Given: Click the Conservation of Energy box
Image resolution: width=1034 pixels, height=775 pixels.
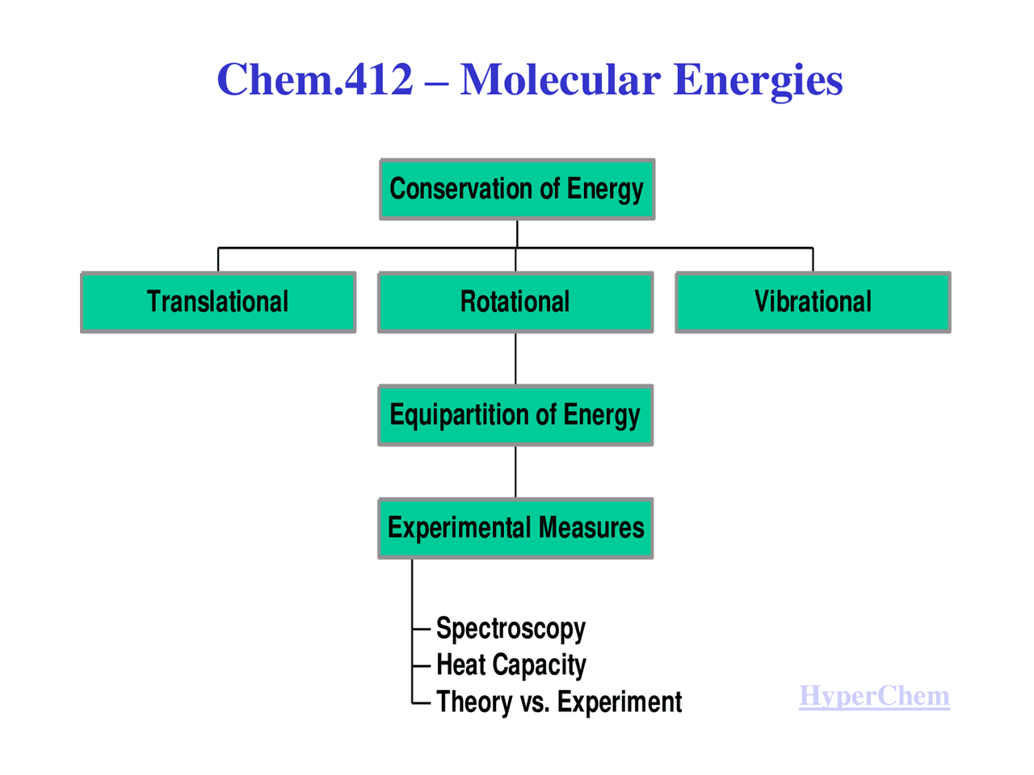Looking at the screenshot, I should click(x=517, y=189).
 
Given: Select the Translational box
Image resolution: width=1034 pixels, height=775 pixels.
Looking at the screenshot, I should click(x=218, y=302).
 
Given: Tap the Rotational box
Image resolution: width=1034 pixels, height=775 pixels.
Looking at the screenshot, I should click(x=515, y=302).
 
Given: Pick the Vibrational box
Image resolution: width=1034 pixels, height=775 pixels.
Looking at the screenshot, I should click(x=813, y=302).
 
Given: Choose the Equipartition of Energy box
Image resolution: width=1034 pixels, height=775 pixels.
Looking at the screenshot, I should click(x=515, y=415).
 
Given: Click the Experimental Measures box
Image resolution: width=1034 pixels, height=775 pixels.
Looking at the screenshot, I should click(x=515, y=528).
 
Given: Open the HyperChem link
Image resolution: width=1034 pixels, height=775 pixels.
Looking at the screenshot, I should click(x=874, y=696).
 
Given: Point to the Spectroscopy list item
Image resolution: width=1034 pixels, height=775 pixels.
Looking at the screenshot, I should click(x=511, y=628).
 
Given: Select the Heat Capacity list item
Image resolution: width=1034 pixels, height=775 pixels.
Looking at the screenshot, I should click(x=511, y=664).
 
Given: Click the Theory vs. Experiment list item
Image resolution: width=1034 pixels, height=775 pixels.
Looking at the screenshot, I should click(x=559, y=702).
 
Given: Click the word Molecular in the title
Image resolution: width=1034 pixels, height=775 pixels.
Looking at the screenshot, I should click(x=560, y=80).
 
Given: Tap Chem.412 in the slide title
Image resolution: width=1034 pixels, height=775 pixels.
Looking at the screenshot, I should click(x=315, y=80).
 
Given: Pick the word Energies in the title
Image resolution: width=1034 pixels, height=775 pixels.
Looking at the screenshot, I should click(x=758, y=80).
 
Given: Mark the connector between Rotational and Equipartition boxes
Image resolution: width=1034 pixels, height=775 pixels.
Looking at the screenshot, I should click(x=515, y=358).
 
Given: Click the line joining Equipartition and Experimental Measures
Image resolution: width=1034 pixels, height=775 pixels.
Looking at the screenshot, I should click(x=515, y=471).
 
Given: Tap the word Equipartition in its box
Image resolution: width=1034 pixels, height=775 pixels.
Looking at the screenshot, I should click(x=459, y=415).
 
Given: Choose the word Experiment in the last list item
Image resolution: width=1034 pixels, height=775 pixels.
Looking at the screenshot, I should click(x=620, y=702).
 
